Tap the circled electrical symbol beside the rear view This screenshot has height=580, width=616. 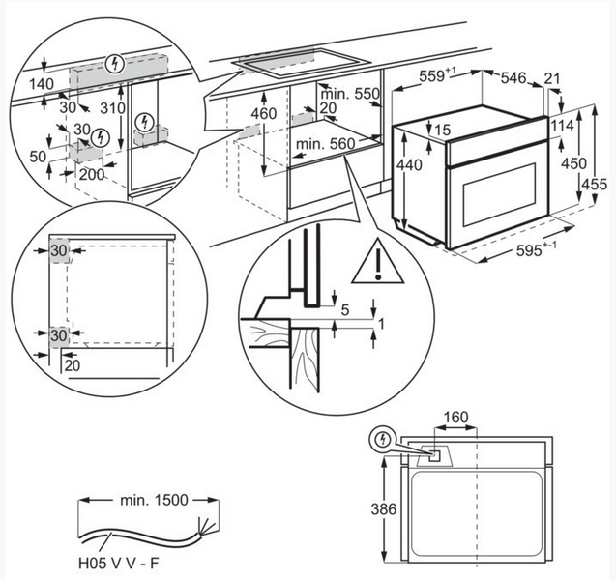click(385, 441)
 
